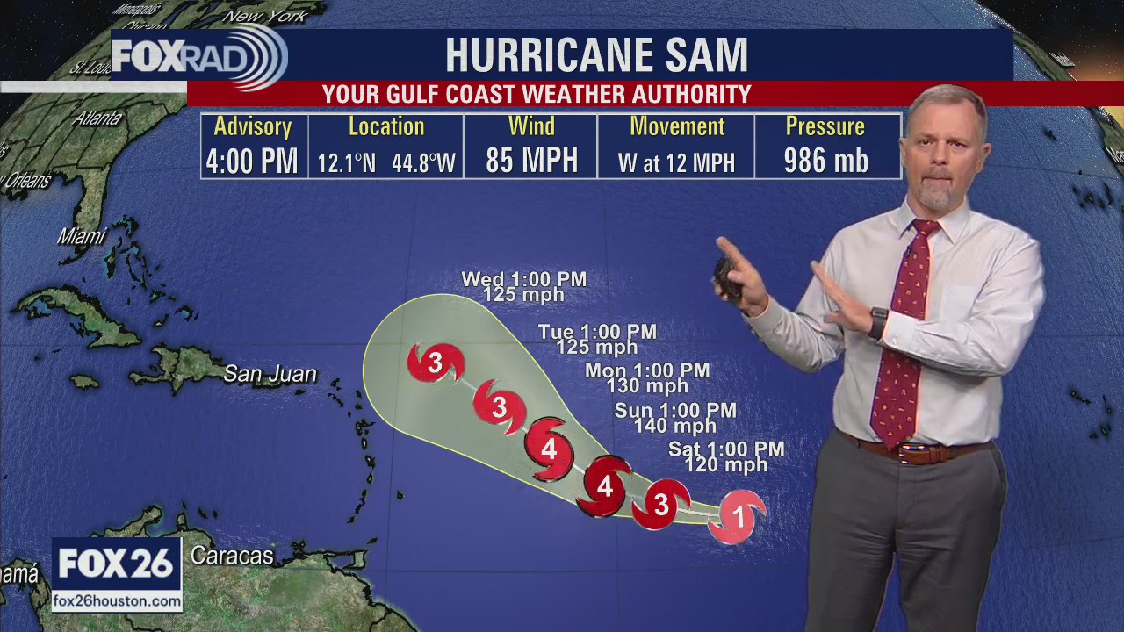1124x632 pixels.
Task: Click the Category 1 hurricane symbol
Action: [x=738, y=516]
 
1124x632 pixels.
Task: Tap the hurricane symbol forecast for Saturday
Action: [x=661, y=505]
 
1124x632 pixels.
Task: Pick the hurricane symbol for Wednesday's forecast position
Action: [x=435, y=362]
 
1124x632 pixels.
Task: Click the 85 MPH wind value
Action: [x=531, y=161]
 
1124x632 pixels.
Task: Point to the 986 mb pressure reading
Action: [x=825, y=161]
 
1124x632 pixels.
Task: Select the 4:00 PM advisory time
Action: [x=252, y=162]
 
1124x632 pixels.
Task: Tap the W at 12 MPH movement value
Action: [x=675, y=162]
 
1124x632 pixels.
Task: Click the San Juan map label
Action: [x=270, y=374]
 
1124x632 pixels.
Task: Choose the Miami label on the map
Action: [x=81, y=235]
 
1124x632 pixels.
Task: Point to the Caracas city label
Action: [x=232, y=556]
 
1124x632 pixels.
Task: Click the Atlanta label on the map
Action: [x=97, y=118]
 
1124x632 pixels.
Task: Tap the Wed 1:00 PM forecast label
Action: [x=524, y=279]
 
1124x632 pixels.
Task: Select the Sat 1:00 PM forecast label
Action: [x=726, y=449]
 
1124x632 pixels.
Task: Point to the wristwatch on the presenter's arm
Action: [x=878, y=322]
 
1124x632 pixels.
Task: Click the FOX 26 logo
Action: [x=116, y=564]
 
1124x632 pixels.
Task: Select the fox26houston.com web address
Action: [x=117, y=601]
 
